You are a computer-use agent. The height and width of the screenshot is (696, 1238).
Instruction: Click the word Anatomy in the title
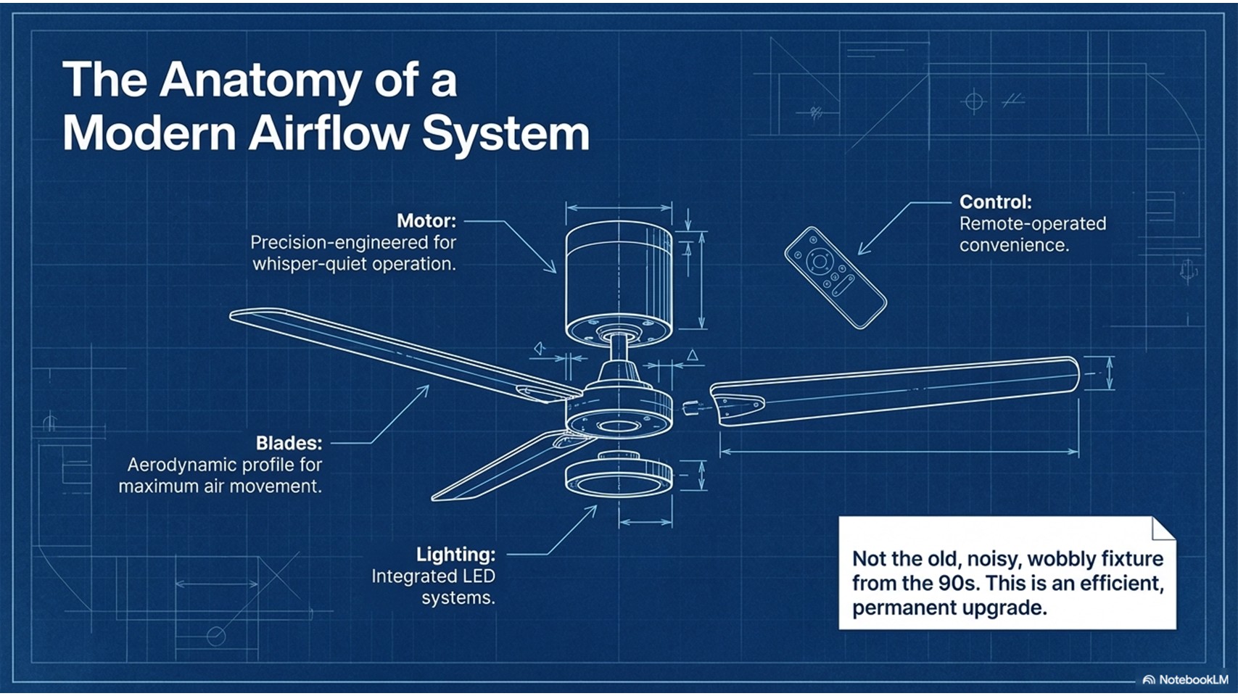[x=260, y=80]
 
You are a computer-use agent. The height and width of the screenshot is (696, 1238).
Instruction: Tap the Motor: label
[x=426, y=220]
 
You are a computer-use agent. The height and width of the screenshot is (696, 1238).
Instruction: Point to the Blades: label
[x=289, y=443]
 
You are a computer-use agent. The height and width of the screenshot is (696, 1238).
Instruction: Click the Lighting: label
[x=455, y=555]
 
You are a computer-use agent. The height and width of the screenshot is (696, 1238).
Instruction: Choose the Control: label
[x=995, y=202]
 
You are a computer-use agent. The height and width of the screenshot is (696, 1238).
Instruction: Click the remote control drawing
[x=835, y=277]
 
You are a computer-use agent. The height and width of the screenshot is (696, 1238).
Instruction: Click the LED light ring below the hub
[x=619, y=479]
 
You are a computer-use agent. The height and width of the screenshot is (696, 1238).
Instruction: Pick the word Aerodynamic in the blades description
[x=174, y=465]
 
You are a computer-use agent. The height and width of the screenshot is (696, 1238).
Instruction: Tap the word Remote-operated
[x=1032, y=223]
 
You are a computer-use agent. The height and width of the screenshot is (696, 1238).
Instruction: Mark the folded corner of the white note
[x=1163, y=529]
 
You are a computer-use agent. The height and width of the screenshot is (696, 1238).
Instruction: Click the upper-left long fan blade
[x=392, y=352]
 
